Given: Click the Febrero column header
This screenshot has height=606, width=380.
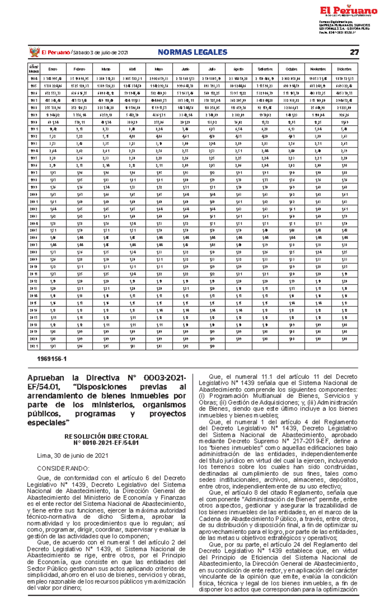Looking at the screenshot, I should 79,69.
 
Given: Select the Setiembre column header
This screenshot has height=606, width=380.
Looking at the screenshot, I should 265,69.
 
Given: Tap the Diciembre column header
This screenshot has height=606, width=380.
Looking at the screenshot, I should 345,69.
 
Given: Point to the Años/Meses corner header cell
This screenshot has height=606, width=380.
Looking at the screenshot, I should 34,69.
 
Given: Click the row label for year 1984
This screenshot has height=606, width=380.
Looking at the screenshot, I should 34,79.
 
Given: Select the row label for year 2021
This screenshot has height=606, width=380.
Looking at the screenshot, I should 34,346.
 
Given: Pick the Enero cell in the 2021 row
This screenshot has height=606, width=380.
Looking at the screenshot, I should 53,346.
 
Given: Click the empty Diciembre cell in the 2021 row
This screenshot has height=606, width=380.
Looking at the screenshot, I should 345,346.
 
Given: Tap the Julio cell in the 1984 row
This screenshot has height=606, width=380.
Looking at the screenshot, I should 212,79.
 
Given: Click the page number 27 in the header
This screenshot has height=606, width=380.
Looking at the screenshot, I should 354,52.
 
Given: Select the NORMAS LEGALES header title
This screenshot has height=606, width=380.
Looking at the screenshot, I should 193,52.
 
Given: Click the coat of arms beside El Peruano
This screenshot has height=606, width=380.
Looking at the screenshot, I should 34,52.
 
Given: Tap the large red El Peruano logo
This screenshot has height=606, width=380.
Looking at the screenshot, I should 348,11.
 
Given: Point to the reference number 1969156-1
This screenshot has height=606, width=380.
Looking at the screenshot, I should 52,359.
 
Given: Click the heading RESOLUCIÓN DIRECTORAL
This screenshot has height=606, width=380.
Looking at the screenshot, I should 106,436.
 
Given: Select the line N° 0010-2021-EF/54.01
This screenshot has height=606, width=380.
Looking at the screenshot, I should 106,443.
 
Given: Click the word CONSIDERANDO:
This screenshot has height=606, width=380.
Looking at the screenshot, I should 63,468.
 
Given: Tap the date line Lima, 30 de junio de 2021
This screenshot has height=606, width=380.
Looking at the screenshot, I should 73,456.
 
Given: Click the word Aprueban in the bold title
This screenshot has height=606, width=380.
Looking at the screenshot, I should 46,378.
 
